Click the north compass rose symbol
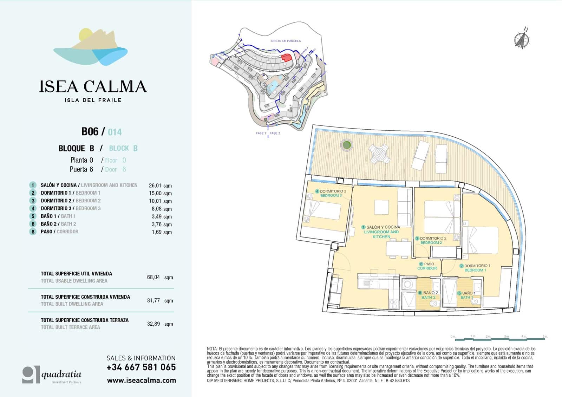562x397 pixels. (522, 39)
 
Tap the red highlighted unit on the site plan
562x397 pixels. (287, 58)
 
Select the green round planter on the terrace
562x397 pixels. (346, 145)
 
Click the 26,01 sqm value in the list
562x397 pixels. (160, 186)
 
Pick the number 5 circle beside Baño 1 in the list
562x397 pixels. (33, 216)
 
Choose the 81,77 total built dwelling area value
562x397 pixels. (153, 300)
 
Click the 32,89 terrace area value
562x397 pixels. (153, 324)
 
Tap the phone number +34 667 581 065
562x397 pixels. (141, 367)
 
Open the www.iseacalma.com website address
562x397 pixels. (141, 380)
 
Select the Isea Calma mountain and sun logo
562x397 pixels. (91, 47)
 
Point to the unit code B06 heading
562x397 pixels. (90, 131)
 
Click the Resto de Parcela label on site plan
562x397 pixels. (286, 41)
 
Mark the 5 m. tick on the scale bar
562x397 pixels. (544, 337)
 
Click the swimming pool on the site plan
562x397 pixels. (271, 86)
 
